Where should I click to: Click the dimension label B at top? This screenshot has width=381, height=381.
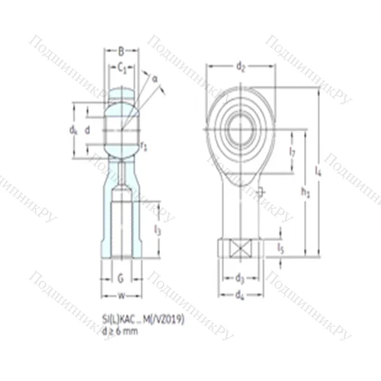[x=121, y=52]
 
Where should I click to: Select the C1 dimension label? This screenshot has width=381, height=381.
[x=121, y=68]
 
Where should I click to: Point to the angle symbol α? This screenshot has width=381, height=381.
[x=154, y=78]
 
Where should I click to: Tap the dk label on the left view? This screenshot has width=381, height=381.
[x=73, y=130]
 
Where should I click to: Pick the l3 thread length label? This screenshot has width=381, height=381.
[x=157, y=229]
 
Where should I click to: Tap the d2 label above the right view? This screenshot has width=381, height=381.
[x=241, y=67]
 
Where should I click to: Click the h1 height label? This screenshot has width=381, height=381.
[x=306, y=194]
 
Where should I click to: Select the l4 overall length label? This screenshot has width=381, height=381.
[x=319, y=173]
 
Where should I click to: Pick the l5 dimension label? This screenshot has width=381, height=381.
[x=280, y=248]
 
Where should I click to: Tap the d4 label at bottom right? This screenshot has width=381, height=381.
[x=239, y=294]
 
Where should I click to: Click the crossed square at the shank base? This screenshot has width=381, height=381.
[x=239, y=248]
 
